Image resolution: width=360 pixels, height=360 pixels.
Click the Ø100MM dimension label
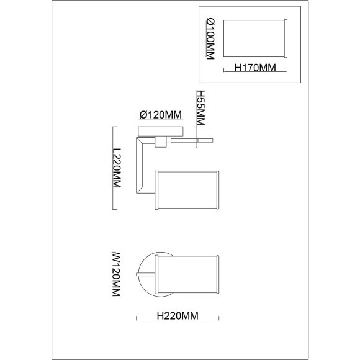click(x=210, y=39)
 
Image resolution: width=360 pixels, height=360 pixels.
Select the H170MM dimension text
click(x=255, y=68)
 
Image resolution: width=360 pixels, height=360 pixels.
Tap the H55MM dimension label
click(x=200, y=107)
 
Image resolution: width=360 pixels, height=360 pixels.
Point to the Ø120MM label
click(x=161, y=115)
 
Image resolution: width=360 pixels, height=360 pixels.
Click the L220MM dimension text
click(x=117, y=168)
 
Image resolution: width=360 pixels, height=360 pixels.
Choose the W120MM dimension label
click(x=116, y=274)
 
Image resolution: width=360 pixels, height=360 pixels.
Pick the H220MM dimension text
click(x=178, y=316)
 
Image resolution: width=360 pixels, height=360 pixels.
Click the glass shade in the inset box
click(x=255, y=38)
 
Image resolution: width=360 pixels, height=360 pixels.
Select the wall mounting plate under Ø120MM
click(x=161, y=132)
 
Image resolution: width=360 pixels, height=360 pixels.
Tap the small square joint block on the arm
click(x=161, y=142)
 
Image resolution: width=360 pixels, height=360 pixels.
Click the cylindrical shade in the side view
click(x=187, y=190)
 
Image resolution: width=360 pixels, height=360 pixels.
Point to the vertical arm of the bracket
click(x=140, y=165)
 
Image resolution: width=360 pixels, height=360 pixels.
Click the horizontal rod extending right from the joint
click(x=192, y=140)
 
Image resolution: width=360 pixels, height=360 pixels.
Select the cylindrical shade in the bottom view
click(x=187, y=274)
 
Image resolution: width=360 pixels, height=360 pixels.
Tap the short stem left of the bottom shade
click(x=146, y=274)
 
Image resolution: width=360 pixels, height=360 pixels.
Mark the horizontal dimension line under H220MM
click(x=178, y=320)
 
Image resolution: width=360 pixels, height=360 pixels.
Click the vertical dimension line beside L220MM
click(x=113, y=168)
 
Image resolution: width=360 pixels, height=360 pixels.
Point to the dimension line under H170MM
click(x=255, y=72)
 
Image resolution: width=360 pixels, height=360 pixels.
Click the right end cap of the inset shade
click(x=286, y=38)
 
